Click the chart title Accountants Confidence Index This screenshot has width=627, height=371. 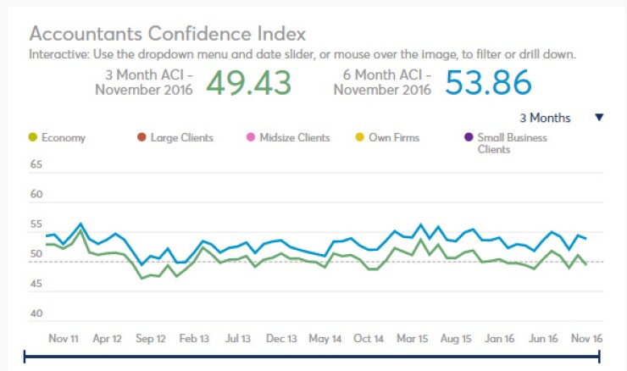167,34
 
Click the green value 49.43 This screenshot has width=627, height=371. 248,83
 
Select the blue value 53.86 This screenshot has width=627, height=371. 489,83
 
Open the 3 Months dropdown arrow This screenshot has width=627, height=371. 599,118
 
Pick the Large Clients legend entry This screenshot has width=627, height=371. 180,137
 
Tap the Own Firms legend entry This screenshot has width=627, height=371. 393,137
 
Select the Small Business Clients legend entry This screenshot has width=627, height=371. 511,143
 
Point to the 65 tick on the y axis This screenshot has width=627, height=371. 36,164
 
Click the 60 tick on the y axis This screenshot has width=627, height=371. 36,195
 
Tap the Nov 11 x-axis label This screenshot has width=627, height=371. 64,339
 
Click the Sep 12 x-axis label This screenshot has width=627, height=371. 151,339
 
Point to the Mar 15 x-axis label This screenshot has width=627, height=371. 412,339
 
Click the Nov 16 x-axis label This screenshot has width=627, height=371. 586,339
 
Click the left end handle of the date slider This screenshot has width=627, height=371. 25,359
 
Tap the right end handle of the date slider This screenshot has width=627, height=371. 602,359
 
